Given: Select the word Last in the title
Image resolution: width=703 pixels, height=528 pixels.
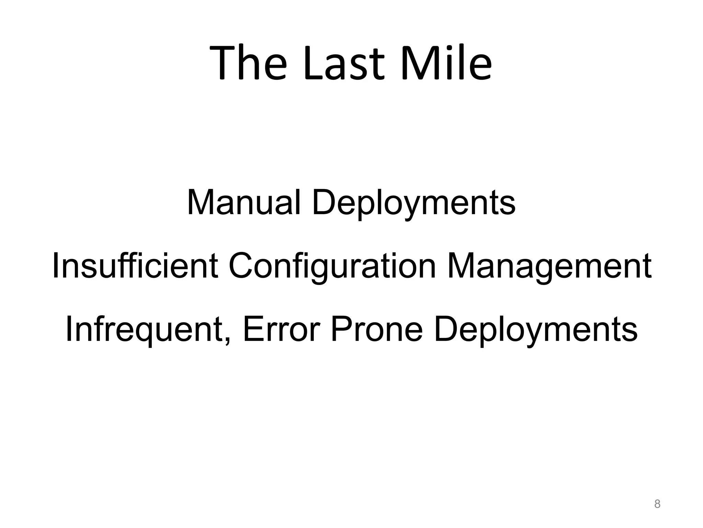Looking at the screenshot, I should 344,63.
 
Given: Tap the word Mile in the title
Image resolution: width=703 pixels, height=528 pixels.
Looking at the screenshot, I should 446,63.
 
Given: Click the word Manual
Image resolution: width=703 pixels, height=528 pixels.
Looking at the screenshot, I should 244,203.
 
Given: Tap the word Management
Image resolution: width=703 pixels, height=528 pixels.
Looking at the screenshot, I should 549,266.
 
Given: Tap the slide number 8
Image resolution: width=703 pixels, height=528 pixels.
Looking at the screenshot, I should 657,504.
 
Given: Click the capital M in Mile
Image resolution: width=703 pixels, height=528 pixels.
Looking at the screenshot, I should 417,63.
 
